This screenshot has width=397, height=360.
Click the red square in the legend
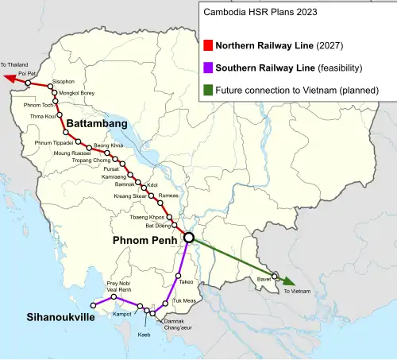tap(209, 45)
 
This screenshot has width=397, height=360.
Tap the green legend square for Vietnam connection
tap(209, 90)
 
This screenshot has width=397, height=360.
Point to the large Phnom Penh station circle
tap(189, 237)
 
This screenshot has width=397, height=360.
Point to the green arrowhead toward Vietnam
tap(291, 282)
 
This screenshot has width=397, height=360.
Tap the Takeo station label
tap(187, 282)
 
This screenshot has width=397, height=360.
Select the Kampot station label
tap(122, 314)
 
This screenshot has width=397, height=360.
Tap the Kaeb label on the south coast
tap(144, 335)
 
